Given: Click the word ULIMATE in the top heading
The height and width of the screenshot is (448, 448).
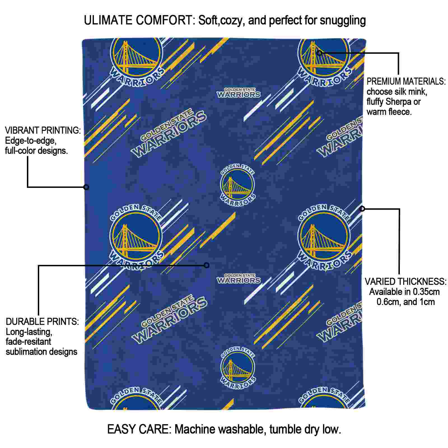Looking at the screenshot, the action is tap(108, 20).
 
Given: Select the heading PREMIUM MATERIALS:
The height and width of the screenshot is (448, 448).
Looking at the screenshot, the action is tap(406, 81).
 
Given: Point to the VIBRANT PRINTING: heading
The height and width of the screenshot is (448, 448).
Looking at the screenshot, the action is tap(43, 130).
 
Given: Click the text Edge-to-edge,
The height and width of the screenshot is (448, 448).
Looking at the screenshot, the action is tap(31, 141).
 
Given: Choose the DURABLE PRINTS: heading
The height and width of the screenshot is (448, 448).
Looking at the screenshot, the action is tap(42, 321).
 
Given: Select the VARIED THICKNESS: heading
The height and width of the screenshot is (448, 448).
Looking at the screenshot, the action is tap(405, 281).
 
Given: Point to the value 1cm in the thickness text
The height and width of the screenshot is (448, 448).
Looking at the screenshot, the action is tap(427, 302).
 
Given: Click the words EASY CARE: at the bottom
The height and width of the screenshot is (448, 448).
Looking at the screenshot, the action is tap(139, 429).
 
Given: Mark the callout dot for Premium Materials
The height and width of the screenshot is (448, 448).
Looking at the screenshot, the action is tap(319, 53).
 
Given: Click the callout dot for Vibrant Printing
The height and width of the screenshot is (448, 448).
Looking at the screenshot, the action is tap(86, 187).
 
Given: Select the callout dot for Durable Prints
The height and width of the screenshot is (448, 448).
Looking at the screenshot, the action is tap(207, 265).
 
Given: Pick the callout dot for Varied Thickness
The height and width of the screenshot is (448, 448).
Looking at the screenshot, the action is tap(362, 209).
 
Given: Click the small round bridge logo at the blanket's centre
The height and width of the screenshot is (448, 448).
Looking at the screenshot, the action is tap(237, 185).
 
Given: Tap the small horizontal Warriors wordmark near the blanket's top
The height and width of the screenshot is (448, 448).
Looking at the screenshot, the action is tap(239, 93).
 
